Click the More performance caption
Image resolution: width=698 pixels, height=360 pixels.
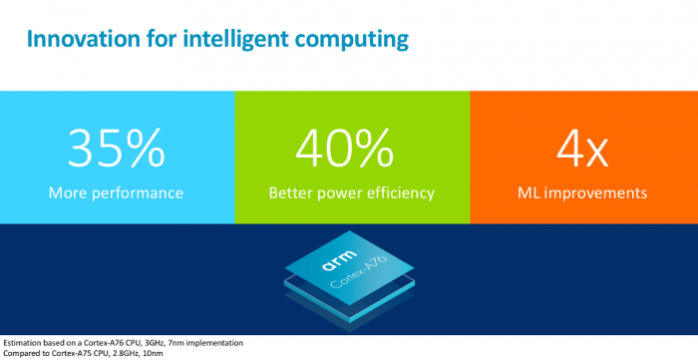(x=117, y=191)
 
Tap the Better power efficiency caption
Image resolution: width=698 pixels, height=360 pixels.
(x=351, y=191)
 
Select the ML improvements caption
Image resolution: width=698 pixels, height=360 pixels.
(x=583, y=191)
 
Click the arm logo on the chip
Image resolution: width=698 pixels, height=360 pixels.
(x=335, y=261)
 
